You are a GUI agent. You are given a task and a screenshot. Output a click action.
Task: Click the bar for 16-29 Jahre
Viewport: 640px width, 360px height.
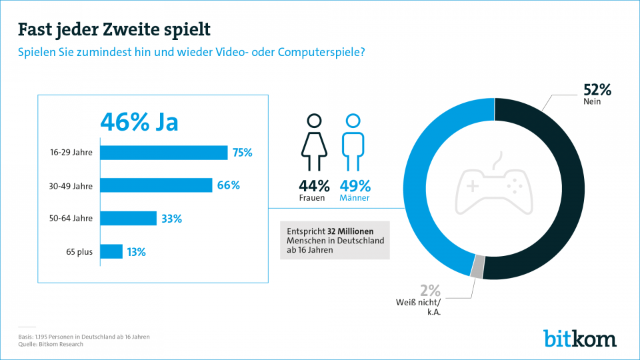(163, 153)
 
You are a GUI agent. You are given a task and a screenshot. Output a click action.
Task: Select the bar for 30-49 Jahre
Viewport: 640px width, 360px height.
(156, 185)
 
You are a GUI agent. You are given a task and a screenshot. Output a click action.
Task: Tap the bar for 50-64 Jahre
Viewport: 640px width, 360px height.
(128, 219)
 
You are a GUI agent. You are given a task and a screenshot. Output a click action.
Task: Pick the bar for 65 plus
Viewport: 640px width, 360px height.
(111, 251)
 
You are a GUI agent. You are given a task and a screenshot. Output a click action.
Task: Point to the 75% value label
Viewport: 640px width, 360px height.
(242, 153)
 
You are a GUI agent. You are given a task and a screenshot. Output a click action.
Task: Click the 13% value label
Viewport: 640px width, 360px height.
(136, 252)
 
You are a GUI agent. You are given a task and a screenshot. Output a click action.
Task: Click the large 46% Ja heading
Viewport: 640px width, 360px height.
(139, 122)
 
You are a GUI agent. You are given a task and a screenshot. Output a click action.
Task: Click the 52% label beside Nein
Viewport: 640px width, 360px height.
(597, 91)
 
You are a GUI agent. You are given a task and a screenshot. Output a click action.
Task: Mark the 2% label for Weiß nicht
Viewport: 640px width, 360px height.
(430, 290)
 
